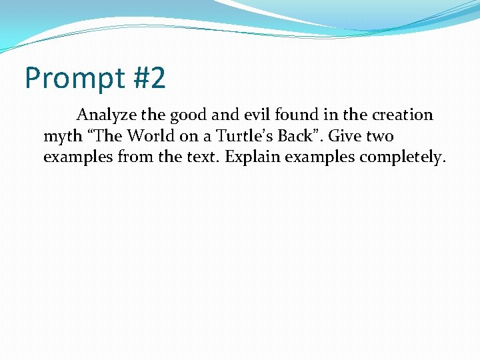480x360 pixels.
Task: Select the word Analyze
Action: coord(105,115)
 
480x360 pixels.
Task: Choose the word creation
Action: coord(402,115)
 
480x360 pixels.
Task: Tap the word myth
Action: coord(61,137)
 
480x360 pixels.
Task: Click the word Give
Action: coord(345,136)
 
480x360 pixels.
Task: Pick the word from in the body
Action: coord(122,157)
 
